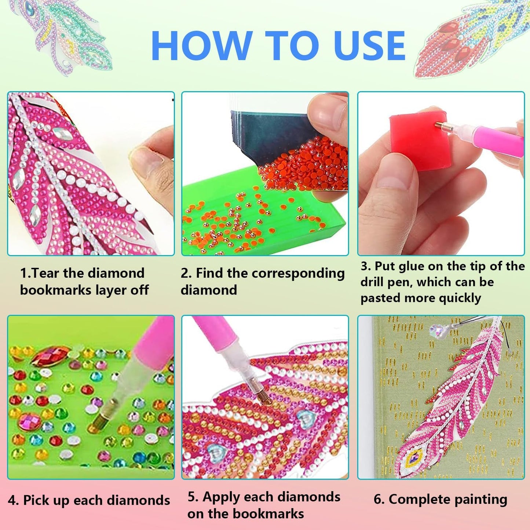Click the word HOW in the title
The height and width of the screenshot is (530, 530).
[x=201, y=45]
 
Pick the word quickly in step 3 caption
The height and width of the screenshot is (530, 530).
[x=460, y=299]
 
